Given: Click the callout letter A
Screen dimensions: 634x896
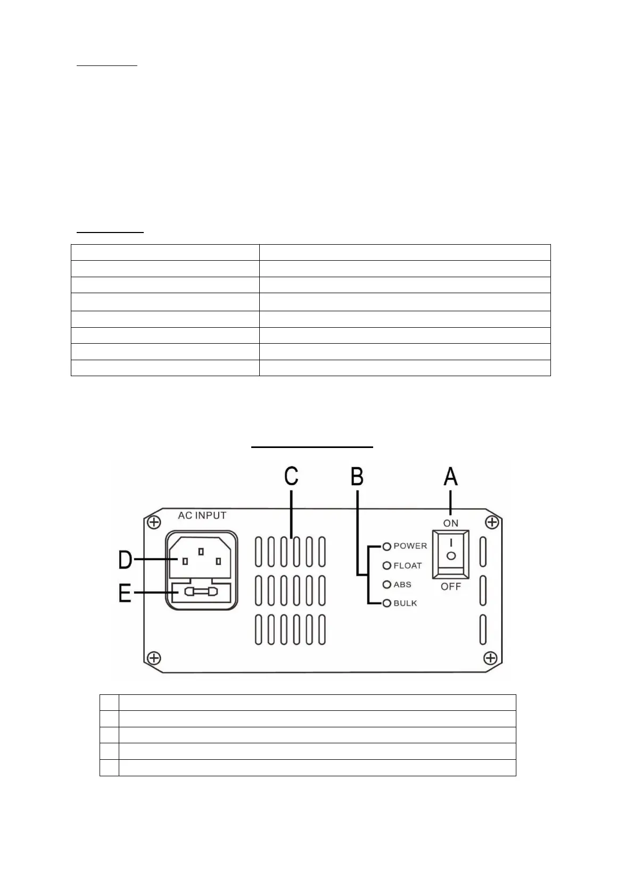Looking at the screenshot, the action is point(450,476).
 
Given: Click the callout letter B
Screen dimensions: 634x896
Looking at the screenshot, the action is point(357,476).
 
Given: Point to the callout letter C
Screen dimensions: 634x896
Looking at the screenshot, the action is point(291,476).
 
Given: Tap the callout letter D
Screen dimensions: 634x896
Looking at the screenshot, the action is point(125,560).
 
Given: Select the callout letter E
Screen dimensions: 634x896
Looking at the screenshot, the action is point(125,592).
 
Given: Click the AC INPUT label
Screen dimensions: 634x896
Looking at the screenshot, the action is point(202,515).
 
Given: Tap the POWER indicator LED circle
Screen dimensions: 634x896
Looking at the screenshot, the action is point(387,546).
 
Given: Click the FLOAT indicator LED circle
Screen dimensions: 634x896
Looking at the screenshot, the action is point(387,566).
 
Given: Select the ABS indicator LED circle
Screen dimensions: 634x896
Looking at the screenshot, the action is point(387,585).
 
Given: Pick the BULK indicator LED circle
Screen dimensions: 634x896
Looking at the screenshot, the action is point(387,603).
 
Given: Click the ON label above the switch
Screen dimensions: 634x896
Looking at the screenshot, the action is point(450,523).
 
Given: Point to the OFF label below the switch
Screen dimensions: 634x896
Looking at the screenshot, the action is point(450,586).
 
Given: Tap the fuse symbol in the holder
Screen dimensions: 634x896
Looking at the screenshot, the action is point(201,592).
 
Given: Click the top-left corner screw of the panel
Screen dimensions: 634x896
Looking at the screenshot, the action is point(154,522).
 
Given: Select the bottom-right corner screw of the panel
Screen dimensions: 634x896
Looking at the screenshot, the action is point(490,658).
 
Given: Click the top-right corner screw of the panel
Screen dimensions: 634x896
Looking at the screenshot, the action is point(492,522).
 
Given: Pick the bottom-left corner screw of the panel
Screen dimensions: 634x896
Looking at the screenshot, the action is point(154,658).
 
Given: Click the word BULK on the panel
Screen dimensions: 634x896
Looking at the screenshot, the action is point(405,603).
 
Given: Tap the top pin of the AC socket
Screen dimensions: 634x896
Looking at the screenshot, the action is point(201,552).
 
